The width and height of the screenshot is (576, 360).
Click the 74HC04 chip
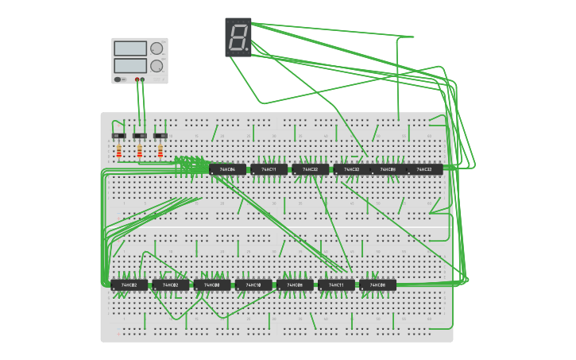pos(227,169)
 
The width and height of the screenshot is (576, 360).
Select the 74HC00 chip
pos(211,285)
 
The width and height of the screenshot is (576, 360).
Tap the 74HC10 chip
pos(253,285)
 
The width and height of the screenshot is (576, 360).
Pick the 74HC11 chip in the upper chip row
pos(269,169)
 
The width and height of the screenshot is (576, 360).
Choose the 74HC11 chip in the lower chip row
pos(336,285)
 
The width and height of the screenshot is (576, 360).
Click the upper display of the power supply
pos(130,48)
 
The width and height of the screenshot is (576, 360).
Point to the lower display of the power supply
pos(130,65)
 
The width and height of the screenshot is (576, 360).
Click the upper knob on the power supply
pos(157,48)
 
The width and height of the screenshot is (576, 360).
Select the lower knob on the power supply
pos(157,66)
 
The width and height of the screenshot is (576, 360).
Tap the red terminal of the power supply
pos(137,79)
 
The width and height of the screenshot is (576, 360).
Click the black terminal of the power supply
pos(142,79)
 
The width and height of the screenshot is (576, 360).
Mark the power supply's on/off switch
pos(119,79)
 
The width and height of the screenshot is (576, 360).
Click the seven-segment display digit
pos(237,37)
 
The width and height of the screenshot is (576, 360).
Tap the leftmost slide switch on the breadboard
pos(119,135)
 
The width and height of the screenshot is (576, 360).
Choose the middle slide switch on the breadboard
pos(140,135)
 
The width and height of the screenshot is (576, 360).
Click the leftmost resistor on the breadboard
pos(119,150)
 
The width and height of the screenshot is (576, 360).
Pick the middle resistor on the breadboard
pos(140,150)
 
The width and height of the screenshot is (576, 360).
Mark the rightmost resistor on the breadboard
pos(160,150)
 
